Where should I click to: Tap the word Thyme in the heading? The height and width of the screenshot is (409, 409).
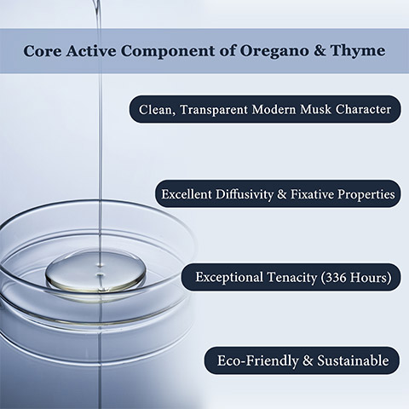(x=358, y=51)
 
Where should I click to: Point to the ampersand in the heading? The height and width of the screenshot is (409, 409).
(x=320, y=51)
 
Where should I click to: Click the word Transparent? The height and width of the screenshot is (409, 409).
(x=214, y=110)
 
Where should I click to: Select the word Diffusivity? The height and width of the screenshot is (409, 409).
(x=245, y=194)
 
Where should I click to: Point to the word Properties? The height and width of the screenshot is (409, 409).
(x=366, y=194)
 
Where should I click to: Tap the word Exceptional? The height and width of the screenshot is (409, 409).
(x=229, y=278)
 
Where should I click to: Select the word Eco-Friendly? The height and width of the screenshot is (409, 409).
(x=258, y=360)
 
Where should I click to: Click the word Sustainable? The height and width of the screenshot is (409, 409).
(x=353, y=360)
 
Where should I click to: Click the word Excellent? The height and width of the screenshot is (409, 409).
(x=187, y=194)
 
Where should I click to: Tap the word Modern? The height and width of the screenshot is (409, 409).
(x=274, y=109)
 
